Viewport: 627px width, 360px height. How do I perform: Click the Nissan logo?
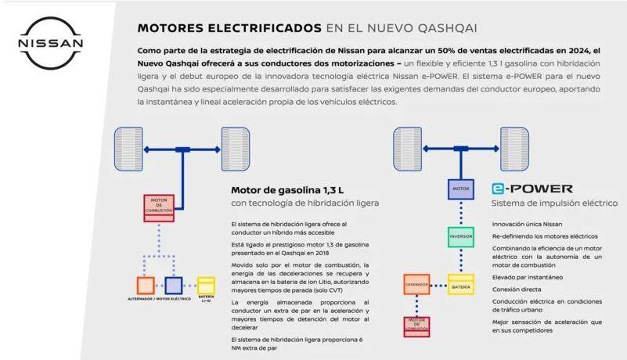coord(50,44)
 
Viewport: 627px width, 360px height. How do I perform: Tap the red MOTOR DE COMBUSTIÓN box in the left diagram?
coord(160,206)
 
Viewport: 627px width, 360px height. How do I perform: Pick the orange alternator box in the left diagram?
coord(146,285)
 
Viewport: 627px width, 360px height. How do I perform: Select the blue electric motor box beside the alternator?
coord(173,285)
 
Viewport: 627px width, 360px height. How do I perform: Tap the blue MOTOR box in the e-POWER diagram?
coord(461,189)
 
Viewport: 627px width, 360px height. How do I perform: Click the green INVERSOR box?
coord(461,236)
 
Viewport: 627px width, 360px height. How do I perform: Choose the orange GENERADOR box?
coord(416,283)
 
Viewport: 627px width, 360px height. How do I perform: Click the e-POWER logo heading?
coord(532,189)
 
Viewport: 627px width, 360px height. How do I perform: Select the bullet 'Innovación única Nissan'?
coord(527,224)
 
